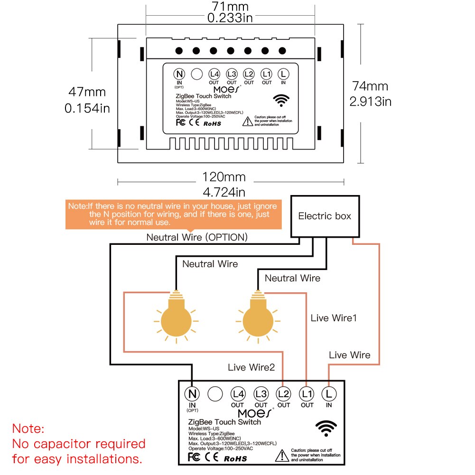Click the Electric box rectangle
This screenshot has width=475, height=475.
(325, 216)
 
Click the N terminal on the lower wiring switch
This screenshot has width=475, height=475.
(192, 393)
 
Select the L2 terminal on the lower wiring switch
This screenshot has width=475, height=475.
(283, 393)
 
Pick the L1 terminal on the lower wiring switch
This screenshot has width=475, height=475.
(307, 393)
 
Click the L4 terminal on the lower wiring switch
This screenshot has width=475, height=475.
(238, 393)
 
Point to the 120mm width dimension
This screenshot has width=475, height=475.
(224, 177)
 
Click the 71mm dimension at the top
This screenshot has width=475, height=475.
(230, 7)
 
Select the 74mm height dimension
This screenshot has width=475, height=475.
(370, 86)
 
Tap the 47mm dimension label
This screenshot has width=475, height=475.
(87, 92)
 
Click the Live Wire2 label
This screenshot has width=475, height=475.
(251, 367)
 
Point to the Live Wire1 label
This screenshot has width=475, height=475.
(334, 318)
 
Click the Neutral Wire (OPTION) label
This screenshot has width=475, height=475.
(197, 237)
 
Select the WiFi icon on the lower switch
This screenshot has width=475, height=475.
(326, 428)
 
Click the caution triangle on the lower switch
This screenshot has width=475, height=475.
(282, 456)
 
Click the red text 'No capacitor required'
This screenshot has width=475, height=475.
(79, 444)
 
